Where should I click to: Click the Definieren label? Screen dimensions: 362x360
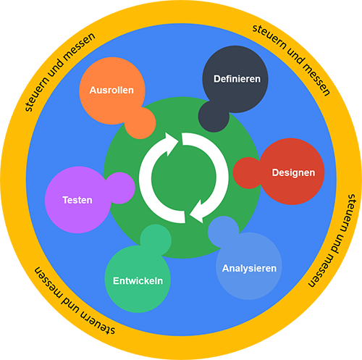coord(237,79)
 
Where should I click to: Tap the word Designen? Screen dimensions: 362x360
coord(293,173)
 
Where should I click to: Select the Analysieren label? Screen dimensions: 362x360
coord(249,269)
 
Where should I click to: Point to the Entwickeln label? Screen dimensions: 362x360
coord(138,281)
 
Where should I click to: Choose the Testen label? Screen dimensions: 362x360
coord(77,200)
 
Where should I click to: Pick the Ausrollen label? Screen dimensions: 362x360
coord(111,91)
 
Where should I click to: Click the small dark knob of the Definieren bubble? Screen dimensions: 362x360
coord(213,117)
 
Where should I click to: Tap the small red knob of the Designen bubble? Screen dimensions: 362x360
coord(248,173)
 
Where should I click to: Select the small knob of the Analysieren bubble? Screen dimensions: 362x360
coord(222,231)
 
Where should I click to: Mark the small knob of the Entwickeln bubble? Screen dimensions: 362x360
coord(156,239)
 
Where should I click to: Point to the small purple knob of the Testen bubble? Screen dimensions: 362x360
coord(119,188)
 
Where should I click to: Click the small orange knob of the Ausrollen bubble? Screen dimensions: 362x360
coord(140,123)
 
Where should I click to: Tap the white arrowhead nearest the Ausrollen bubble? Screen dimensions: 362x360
coord(172,143)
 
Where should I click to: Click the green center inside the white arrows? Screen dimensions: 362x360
coord(184,178)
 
